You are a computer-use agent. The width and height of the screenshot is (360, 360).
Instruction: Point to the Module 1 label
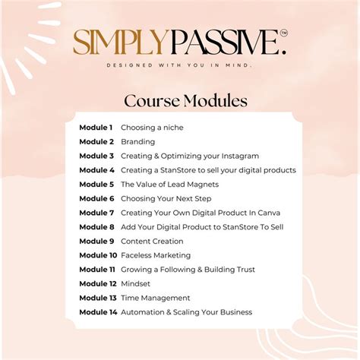96,128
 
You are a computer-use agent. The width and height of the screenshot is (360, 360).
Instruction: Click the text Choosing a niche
152,128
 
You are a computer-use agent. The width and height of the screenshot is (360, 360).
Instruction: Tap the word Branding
137,141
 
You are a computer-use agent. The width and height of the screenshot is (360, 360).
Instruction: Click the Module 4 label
96,170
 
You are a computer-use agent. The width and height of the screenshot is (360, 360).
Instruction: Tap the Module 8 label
96,227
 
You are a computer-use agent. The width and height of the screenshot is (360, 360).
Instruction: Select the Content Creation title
152,241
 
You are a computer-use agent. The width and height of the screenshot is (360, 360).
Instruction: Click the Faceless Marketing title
156,255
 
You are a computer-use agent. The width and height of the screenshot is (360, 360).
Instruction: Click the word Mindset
136,283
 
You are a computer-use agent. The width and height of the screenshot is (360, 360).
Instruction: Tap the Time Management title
156,298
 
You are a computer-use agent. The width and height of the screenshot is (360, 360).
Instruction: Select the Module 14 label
97,312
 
